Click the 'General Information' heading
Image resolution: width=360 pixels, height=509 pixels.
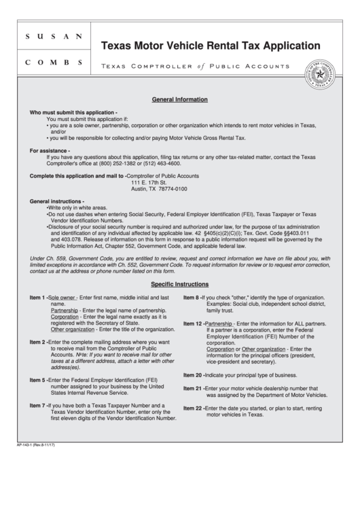pyautogui.click(x=180, y=99)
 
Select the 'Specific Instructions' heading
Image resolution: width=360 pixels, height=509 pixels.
pyautogui.click(x=180, y=284)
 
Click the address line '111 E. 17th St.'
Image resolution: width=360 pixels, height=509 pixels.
pyautogui.click(x=149, y=182)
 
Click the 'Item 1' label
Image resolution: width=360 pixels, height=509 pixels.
pyautogui.click(x=37, y=298)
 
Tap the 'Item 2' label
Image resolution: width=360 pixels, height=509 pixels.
pyautogui.click(x=37, y=341)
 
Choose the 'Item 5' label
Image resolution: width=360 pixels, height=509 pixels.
pyautogui.click(x=37, y=379)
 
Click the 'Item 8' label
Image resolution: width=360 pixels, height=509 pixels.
pyautogui.click(x=192, y=298)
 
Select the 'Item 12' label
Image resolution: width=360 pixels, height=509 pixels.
pyautogui.click(x=193, y=324)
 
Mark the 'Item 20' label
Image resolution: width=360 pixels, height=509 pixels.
pyautogui.click(x=193, y=374)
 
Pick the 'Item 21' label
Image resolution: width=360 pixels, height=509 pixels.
pyautogui.click(x=193, y=388)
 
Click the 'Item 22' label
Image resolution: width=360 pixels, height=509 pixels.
pyautogui.click(x=193, y=408)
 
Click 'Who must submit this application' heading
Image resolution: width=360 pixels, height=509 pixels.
pyautogui.click(x=73, y=112)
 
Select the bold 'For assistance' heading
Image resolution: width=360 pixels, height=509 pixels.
pyautogui.click(x=50, y=151)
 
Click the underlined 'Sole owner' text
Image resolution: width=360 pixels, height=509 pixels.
pyautogui.click(x=62, y=298)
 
